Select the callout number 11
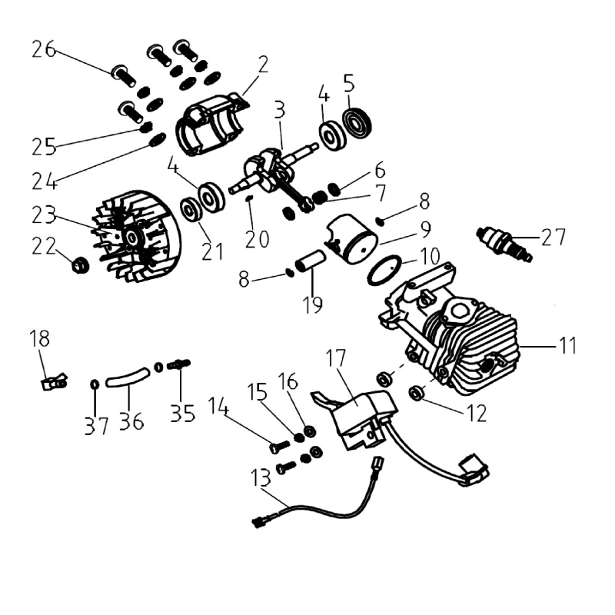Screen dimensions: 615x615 point(568,346)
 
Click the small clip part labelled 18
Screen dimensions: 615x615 point(52,380)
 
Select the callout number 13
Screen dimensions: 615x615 point(261,477)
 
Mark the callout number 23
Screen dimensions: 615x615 point(44,213)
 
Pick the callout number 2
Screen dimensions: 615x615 point(263,64)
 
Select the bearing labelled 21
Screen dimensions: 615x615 point(189,209)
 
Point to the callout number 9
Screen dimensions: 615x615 point(425,230)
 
